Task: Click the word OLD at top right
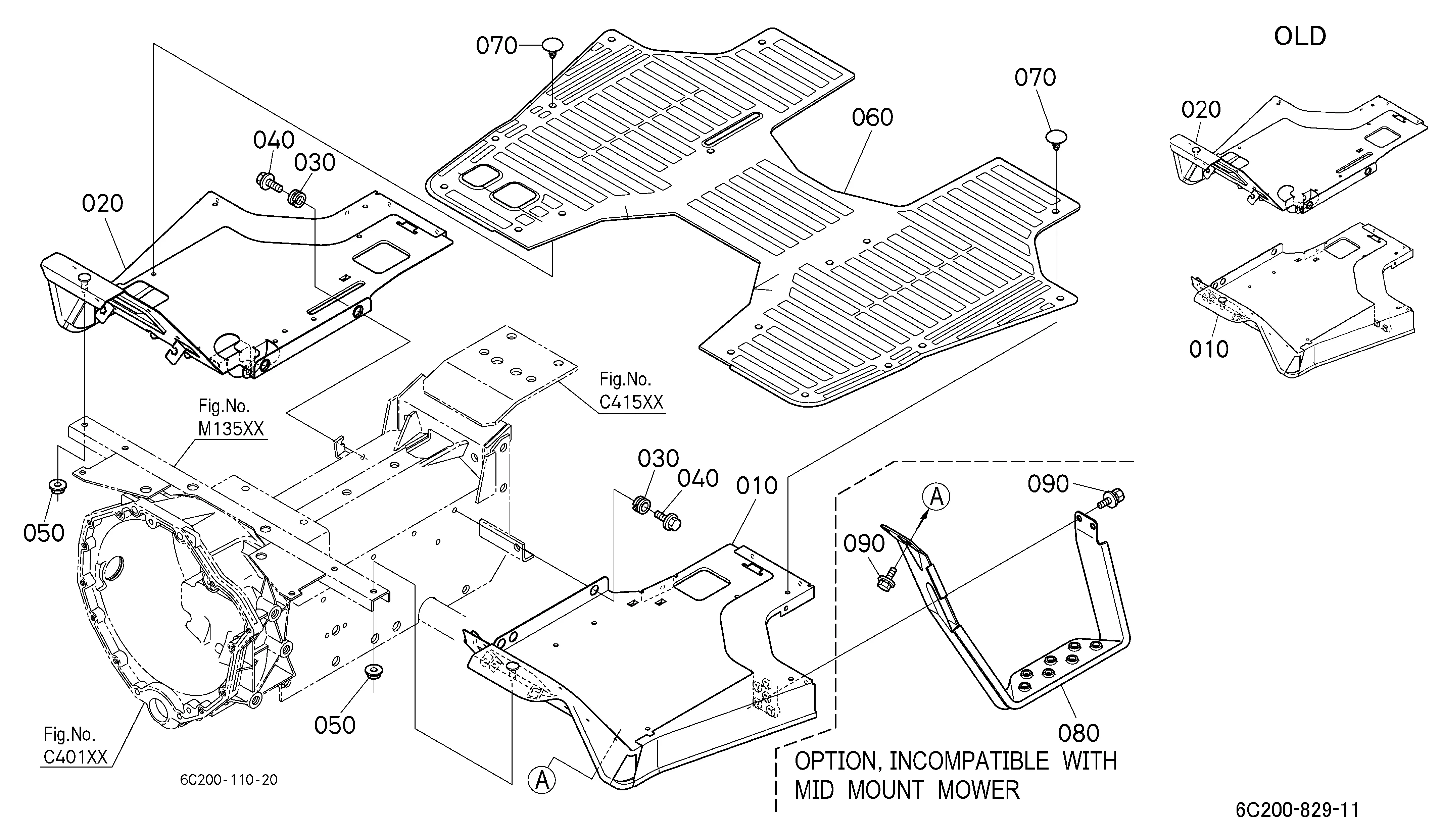(1300, 36)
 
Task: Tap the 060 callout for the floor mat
(872, 117)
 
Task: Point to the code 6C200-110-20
(229, 780)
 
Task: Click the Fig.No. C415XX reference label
(631, 391)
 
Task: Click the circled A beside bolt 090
(936, 497)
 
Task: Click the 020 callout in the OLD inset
(1201, 109)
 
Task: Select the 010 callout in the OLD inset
(1209, 349)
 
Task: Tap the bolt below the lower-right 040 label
(669, 520)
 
